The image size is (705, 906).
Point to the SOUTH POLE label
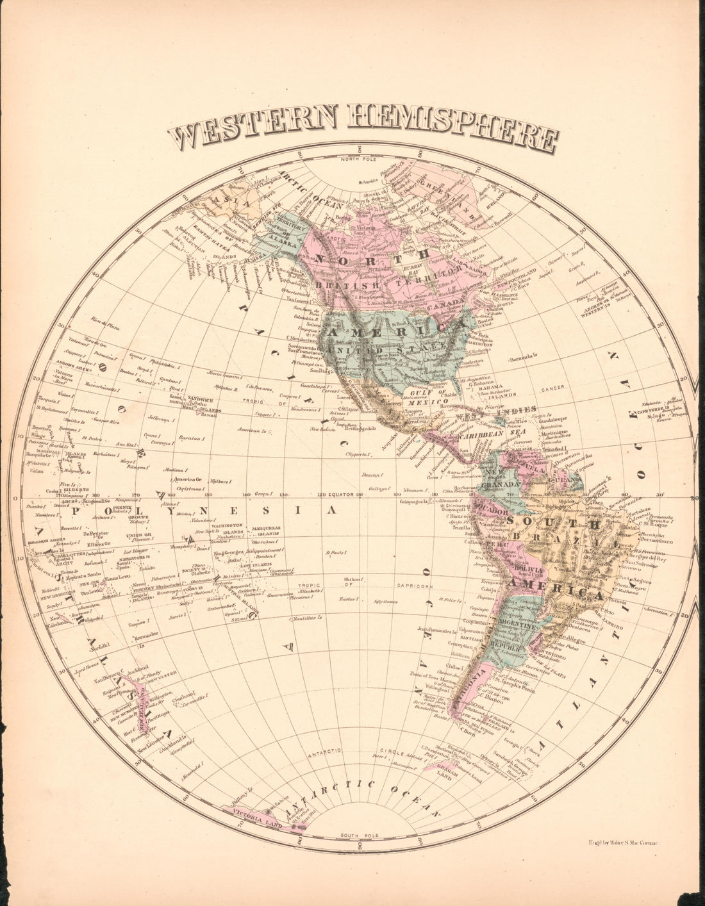tap(360, 836)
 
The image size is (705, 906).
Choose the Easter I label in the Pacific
tap(349, 599)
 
